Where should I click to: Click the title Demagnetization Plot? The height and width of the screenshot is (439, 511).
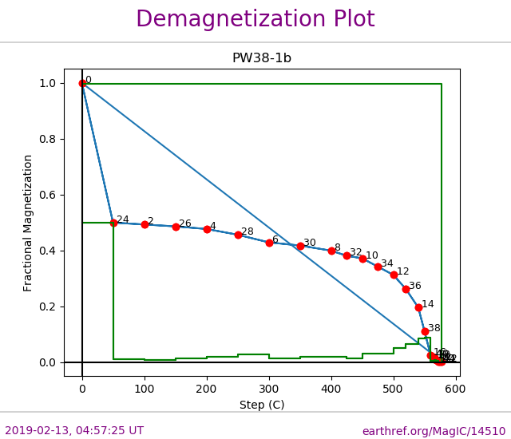pyautogui.click(x=255, y=20)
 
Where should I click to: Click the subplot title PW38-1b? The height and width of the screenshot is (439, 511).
pyautogui.click(x=262, y=58)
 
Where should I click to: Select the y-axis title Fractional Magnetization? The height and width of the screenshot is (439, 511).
pyautogui.click(x=29, y=223)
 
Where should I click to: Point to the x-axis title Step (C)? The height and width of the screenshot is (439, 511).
pyautogui.click(x=262, y=405)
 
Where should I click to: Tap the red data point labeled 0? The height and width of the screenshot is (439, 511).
pyautogui.click(x=82, y=83)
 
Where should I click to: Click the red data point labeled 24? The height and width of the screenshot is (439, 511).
pyautogui.click(x=113, y=223)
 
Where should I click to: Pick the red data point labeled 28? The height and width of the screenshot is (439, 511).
pyautogui.click(x=238, y=235)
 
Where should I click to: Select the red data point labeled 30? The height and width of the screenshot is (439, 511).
pyautogui.click(x=300, y=246)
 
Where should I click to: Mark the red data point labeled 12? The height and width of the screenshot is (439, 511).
pyautogui.click(x=394, y=275)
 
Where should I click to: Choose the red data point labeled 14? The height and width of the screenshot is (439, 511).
pyautogui.click(x=418, y=307)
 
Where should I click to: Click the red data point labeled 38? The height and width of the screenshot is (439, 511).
pyautogui.click(x=425, y=331)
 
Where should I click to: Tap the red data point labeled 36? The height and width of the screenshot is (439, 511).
pyautogui.click(x=406, y=289)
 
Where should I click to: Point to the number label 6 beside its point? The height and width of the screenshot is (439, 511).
pyautogui.click(x=275, y=239)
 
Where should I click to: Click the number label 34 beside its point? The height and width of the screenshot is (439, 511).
pyautogui.click(x=387, y=263)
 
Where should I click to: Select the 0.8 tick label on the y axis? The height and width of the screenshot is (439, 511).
pyautogui.click(x=48, y=139)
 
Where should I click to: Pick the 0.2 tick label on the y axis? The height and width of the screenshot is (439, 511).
pyautogui.click(x=48, y=307)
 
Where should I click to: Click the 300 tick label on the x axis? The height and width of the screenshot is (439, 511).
pyautogui.click(x=269, y=389)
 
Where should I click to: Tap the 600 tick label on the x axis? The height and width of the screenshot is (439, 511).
pyautogui.click(x=456, y=389)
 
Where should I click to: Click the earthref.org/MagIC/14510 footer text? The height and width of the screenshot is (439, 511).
pyautogui.click(x=434, y=431)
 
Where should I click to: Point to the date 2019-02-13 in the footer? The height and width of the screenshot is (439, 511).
pyautogui.click(x=38, y=431)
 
